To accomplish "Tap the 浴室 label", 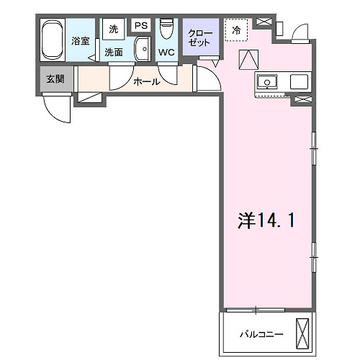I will [81, 41].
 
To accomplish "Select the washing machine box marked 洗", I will [114, 30].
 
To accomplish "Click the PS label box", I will [140, 26].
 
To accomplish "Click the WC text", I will [166, 52].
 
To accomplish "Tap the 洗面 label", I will [113, 52].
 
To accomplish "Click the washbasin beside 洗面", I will [141, 51].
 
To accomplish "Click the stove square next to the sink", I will [300, 82].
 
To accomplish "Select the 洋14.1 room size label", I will [266, 220].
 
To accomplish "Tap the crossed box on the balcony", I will [304, 333].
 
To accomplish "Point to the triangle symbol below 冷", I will [248, 58].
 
